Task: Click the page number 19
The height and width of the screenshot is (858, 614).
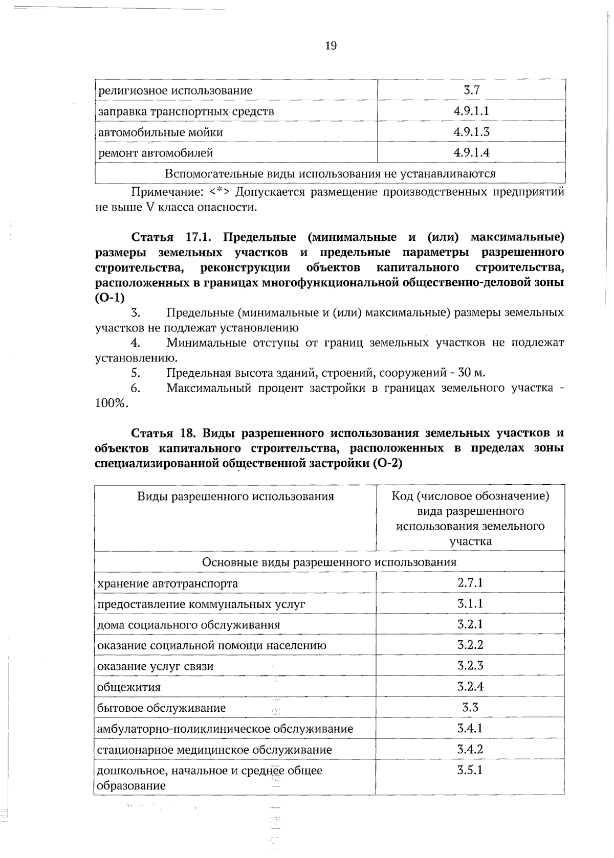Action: tap(331, 46)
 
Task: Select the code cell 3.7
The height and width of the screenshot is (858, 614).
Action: tap(471, 91)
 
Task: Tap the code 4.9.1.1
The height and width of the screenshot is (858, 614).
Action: tap(471, 111)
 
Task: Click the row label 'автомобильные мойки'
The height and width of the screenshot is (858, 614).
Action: tap(160, 132)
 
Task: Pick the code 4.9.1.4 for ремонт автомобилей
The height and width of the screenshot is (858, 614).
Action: tap(471, 152)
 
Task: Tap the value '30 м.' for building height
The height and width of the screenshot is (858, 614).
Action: tap(471, 373)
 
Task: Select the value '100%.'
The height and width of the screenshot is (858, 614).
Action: tap(112, 403)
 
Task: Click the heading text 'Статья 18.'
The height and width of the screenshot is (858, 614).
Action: tap(161, 434)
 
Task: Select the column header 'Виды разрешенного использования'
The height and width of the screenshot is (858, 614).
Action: tap(235, 496)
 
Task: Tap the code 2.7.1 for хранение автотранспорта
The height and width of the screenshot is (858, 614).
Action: tap(470, 582)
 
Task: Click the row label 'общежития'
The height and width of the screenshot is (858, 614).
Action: tap(129, 687)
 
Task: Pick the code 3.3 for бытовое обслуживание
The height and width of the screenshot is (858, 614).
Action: tap(470, 708)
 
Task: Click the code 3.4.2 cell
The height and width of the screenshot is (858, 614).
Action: tap(470, 750)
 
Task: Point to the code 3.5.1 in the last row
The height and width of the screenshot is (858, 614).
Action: tap(470, 770)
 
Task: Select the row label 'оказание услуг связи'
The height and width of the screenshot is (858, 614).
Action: tap(155, 666)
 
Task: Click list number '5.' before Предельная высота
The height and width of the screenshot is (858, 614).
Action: tap(136, 373)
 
